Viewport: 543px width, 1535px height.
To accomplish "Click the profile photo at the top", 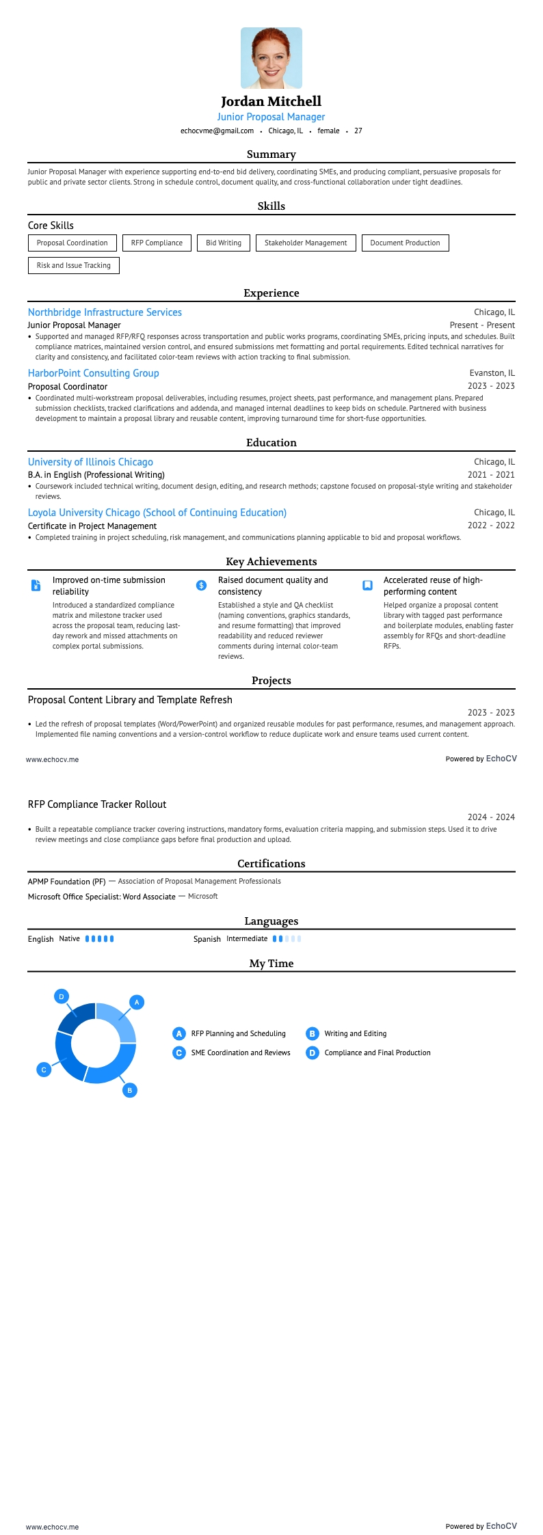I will [271, 58].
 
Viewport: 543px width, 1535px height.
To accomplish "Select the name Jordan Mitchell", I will [271, 101].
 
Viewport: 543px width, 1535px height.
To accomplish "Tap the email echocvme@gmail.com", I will [217, 131].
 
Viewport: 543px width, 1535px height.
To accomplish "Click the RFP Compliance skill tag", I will [157, 243].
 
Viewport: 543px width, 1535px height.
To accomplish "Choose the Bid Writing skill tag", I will [224, 243].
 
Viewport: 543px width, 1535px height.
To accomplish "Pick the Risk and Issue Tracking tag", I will [74, 265].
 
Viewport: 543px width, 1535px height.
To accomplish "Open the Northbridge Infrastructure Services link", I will [105, 312].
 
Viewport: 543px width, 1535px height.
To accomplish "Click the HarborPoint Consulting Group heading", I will [93, 373].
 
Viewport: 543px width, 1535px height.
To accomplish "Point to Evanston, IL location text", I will [492, 373].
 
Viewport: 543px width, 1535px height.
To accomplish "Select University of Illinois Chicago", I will [90, 462].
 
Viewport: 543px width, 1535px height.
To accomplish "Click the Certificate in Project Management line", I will [92, 526].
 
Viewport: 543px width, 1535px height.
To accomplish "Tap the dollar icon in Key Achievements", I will [201, 585].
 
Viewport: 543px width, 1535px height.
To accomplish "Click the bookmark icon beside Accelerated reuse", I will [367, 585].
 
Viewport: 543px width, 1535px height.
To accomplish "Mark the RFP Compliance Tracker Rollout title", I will [97, 804].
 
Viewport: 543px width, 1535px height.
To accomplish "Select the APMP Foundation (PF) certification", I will [67, 882].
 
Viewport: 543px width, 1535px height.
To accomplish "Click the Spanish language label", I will [207, 939].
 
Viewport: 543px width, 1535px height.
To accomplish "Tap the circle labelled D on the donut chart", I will [62, 996].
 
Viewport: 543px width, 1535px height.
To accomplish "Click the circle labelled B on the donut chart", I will [130, 1090].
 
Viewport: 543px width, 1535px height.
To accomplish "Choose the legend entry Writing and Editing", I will [355, 1033].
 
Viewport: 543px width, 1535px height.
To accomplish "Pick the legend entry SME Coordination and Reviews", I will [240, 1052].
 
